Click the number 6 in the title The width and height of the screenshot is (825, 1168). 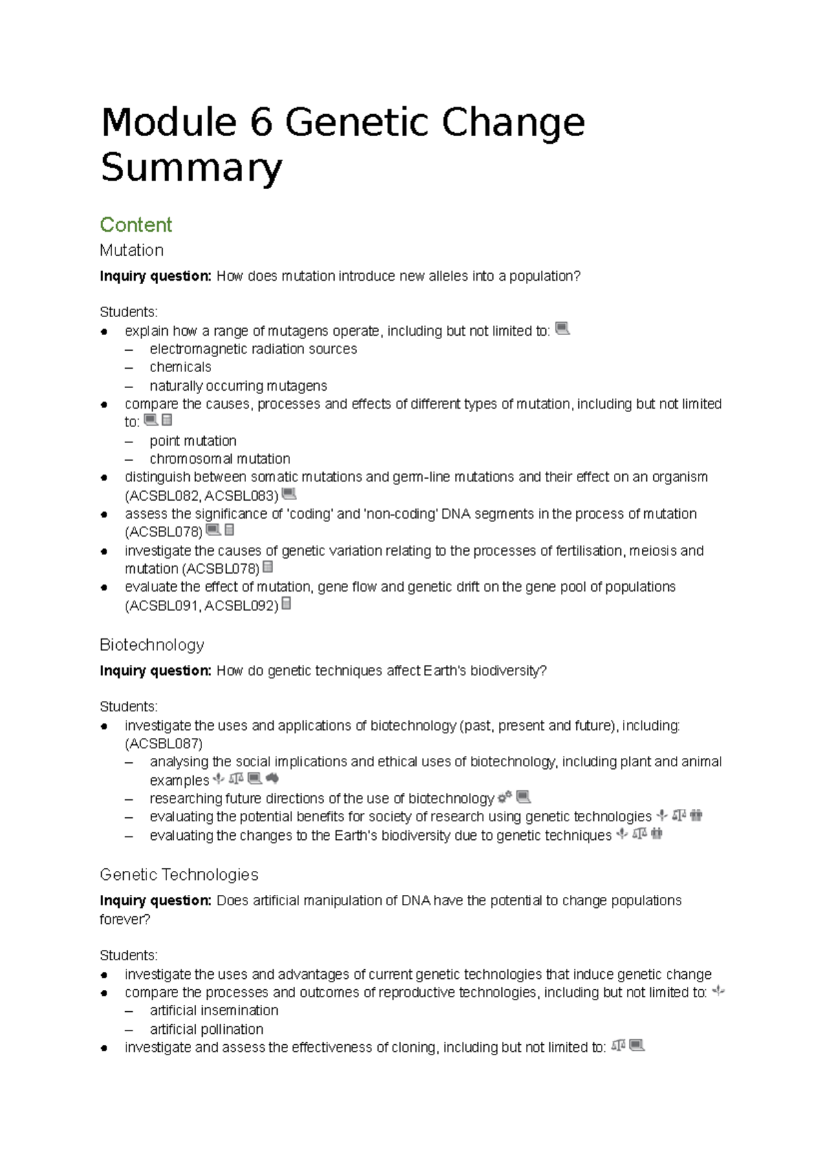(x=261, y=123)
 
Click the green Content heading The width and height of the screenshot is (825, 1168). (x=135, y=225)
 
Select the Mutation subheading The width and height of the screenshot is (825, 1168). (x=131, y=250)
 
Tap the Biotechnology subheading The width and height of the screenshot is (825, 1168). (x=152, y=645)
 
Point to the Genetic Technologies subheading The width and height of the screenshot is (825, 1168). (x=179, y=874)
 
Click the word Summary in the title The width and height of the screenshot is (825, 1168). (x=191, y=168)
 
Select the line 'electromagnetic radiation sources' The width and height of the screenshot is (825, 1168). (x=253, y=349)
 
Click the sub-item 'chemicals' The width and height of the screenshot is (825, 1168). (x=180, y=367)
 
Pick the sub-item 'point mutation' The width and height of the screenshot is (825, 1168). (x=192, y=441)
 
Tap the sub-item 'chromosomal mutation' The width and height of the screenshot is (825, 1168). (x=220, y=459)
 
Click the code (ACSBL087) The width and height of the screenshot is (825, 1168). (x=164, y=744)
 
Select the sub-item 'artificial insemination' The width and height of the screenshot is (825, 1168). (x=214, y=1010)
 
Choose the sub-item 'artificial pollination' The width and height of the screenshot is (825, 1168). (x=206, y=1029)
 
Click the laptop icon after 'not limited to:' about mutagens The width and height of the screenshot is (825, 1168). (x=562, y=329)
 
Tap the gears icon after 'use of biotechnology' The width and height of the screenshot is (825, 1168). (x=505, y=797)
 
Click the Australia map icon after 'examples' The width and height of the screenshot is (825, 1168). (x=272, y=779)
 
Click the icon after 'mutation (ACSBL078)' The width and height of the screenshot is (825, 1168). (x=268, y=567)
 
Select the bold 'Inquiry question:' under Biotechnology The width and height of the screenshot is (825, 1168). (x=155, y=671)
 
